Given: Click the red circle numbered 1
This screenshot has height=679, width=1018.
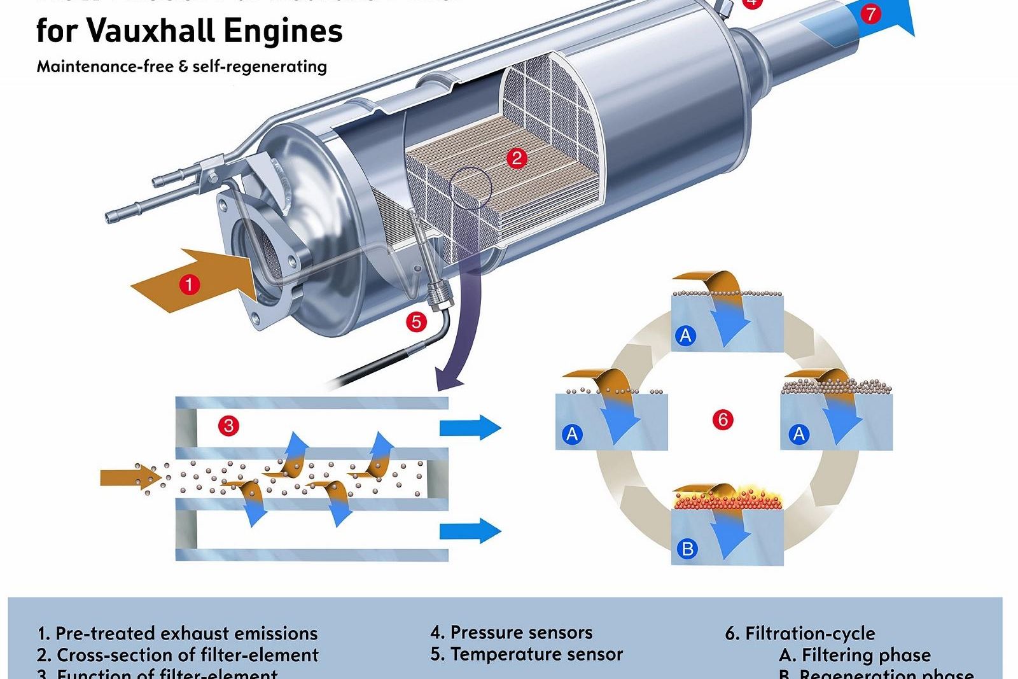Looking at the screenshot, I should click(x=189, y=284).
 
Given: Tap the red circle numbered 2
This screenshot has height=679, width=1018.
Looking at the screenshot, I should click(x=517, y=158).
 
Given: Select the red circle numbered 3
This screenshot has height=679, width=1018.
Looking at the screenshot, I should click(x=228, y=425).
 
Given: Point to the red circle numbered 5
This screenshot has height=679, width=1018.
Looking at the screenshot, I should click(x=416, y=321).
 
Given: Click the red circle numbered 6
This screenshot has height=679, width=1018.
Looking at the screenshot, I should click(x=723, y=419).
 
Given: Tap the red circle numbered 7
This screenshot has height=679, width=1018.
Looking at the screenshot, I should click(x=871, y=13).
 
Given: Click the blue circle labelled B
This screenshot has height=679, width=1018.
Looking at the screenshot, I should click(x=687, y=549).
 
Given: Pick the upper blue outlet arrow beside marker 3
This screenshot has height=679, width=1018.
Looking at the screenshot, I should click(x=470, y=427).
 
